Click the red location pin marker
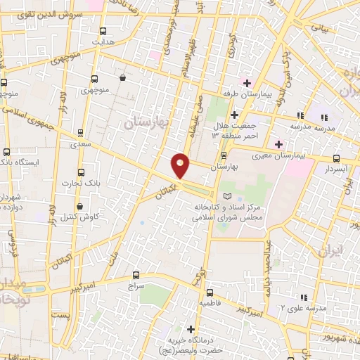181,166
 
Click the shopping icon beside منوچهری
123,78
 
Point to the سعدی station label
81,143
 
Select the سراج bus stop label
136,287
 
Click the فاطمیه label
210,304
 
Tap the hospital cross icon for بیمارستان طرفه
247,83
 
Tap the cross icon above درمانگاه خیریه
191,328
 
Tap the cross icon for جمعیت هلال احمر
234,115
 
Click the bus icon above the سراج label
136,276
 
